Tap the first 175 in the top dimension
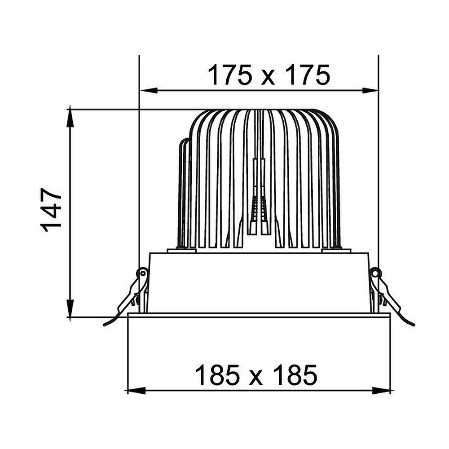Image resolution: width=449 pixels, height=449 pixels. click(x=229, y=75)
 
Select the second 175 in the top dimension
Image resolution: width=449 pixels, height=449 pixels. click(x=308, y=75)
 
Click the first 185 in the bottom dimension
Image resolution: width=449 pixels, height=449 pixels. click(x=217, y=375)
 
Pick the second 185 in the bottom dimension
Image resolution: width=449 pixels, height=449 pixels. click(x=295, y=375)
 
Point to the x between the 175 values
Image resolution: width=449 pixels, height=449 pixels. click(x=269, y=78)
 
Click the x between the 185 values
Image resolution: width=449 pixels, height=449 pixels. click(x=256, y=378)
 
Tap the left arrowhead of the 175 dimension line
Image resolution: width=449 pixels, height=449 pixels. click(x=149, y=91)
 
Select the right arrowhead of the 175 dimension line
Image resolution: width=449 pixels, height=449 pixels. click(x=370, y=91)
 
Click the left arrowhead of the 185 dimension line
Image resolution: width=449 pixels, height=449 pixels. click(x=136, y=390)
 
